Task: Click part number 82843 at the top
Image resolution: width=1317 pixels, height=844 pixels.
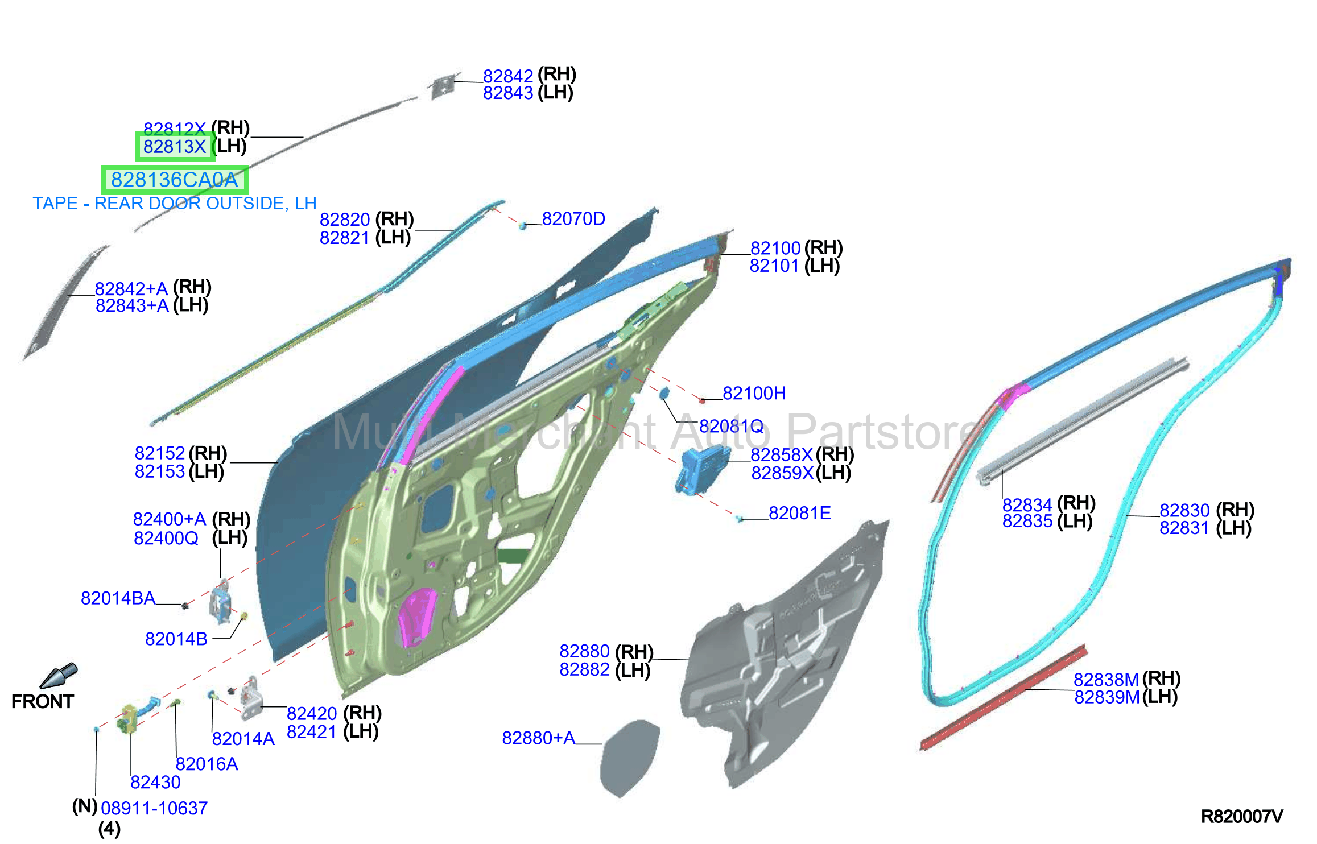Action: point(507,93)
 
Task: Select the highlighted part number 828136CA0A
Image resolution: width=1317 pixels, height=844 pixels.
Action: point(174,180)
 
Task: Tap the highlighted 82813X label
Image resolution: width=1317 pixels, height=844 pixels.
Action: point(174,147)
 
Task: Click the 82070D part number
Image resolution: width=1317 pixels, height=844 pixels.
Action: point(573,218)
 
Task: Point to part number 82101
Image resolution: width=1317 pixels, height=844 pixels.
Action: point(774,266)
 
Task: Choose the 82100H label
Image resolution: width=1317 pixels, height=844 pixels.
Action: point(754,393)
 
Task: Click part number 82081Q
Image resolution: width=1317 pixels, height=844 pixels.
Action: point(732,426)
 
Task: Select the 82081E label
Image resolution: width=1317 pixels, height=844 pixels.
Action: point(800,513)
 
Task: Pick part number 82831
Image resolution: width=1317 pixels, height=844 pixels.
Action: point(1184,528)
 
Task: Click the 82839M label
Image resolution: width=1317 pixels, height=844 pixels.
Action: point(1107,697)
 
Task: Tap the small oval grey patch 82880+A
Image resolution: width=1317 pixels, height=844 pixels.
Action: point(630,758)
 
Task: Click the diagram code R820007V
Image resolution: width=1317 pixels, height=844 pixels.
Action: point(1242,817)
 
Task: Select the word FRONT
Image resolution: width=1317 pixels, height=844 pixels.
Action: point(43,701)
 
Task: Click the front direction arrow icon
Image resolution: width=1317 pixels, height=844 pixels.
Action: point(59,676)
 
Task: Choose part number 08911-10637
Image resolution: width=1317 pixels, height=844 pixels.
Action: point(154,808)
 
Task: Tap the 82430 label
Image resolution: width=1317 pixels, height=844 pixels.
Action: point(155,782)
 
